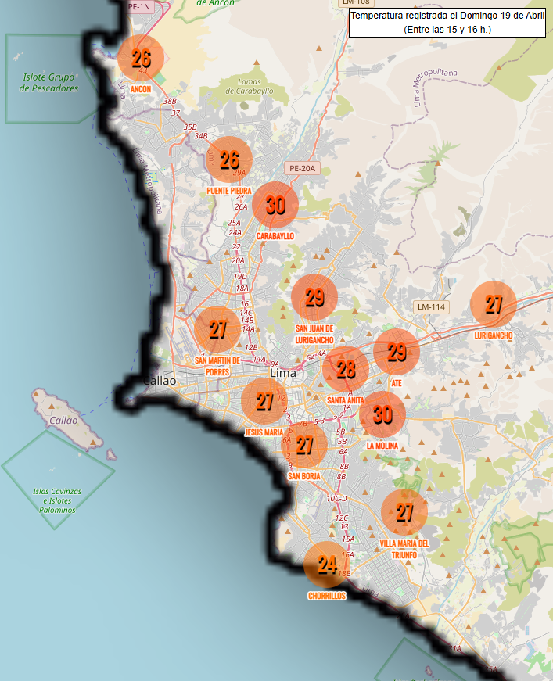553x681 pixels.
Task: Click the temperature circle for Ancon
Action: pyautogui.click(x=141, y=59)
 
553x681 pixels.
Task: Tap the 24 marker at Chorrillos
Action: pyautogui.click(x=327, y=565)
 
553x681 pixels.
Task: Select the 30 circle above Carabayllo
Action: pyautogui.click(x=275, y=205)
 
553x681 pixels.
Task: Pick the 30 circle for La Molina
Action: pyautogui.click(x=382, y=414)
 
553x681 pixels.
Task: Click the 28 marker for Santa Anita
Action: pyautogui.click(x=346, y=370)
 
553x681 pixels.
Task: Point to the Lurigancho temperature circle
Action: pyautogui.click(x=494, y=304)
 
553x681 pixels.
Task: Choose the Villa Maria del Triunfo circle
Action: pyautogui.click(x=404, y=512)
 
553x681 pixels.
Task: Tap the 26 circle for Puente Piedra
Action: pyautogui.click(x=228, y=159)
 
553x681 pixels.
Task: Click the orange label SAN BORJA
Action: pyautogui.click(x=304, y=475)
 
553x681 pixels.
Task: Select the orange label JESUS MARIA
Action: pyautogui.click(x=264, y=432)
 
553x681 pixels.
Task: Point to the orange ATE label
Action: pyautogui.click(x=397, y=383)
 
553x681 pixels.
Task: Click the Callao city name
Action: pyautogui.click(x=160, y=381)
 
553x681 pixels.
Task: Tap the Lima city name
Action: pyautogui.click(x=283, y=373)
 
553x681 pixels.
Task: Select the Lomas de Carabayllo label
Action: pyautogui.click(x=250, y=86)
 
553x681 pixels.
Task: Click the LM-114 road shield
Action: pyautogui.click(x=431, y=306)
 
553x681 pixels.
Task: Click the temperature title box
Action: pyautogui.click(x=447, y=22)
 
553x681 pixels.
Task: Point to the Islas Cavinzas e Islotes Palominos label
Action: pyautogui.click(x=57, y=500)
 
